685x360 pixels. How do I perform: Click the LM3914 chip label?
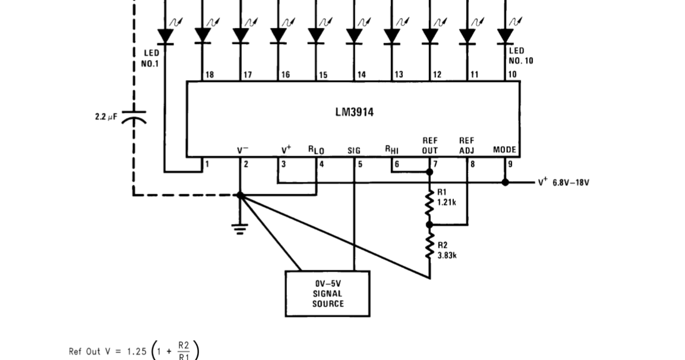pyautogui.click(x=354, y=112)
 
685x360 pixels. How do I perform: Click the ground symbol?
pyautogui.click(x=240, y=228)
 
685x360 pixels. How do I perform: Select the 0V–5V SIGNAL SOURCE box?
pyautogui.click(x=327, y=293)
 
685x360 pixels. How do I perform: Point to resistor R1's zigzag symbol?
pyautogui.click(x=430, y=204)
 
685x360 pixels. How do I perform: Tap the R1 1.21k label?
pyautogui.click(x=447, y=197)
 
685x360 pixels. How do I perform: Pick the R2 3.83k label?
pyautogui.click(x=447, y=250)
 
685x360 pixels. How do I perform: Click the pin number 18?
pyautogui.click(x=209, y=75)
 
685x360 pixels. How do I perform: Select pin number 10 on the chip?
pyautogui.click(x=512, y=75)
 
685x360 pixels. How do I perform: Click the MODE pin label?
pyautogui.click(x=504, y=150)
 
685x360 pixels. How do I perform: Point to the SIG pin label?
pyautogui.click(x=354, y=151)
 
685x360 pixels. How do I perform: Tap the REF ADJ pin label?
pyautogui.click(x=467, y=146)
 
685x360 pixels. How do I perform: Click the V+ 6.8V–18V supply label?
pyautogui.click(x=563, y=182)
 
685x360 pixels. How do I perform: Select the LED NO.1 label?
pyautogui.click(x=151, y=58)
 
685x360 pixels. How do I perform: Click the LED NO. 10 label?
pyautogui.click(x=520, y=56)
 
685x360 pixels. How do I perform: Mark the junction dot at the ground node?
pyautogui.click(x=240, y=194)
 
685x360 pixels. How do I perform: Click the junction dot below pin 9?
pyautogui.click(x=505, y=182)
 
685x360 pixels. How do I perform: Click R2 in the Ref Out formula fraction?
pyautogui.click(x=184, y=345)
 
